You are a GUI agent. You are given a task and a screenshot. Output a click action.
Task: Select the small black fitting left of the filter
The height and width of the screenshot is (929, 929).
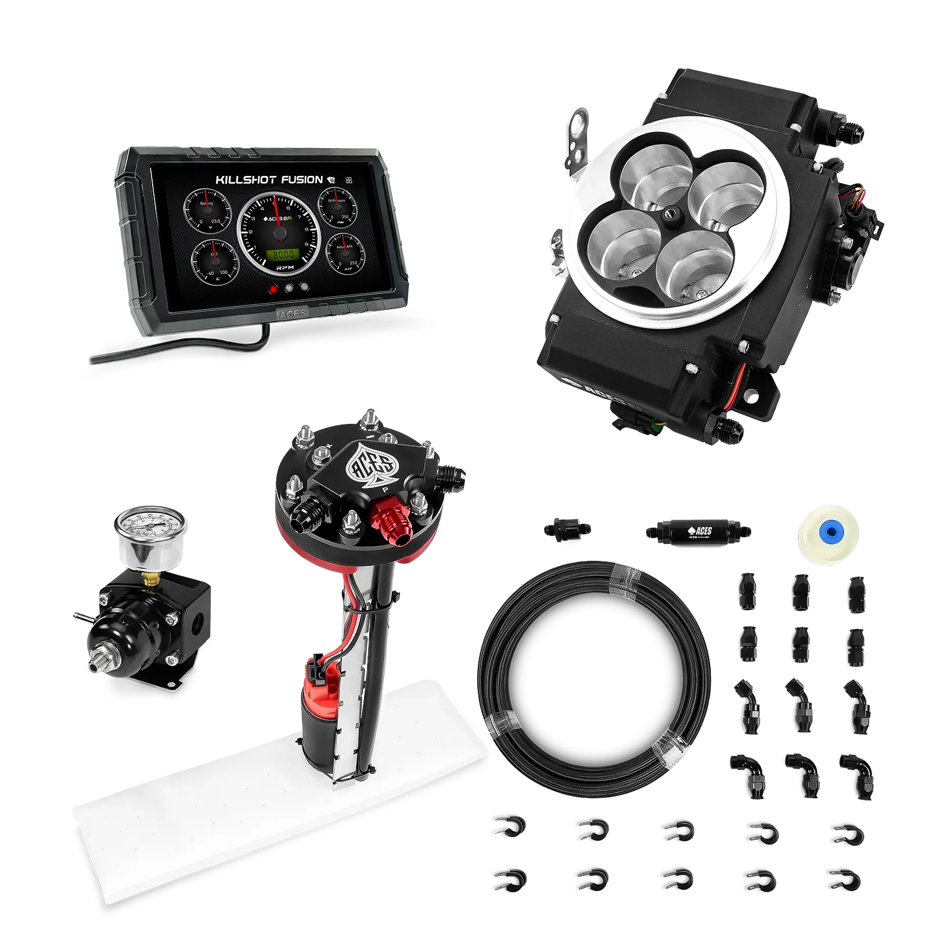[568, 529]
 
